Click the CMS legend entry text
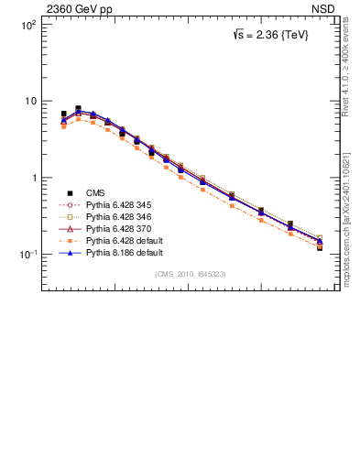[x=95, y=192]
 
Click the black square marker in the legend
[x=70, y=192]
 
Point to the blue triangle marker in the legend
[x=70, y=251]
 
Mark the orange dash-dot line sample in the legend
[x=70, y=240]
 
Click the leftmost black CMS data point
[x=63, y=114]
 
